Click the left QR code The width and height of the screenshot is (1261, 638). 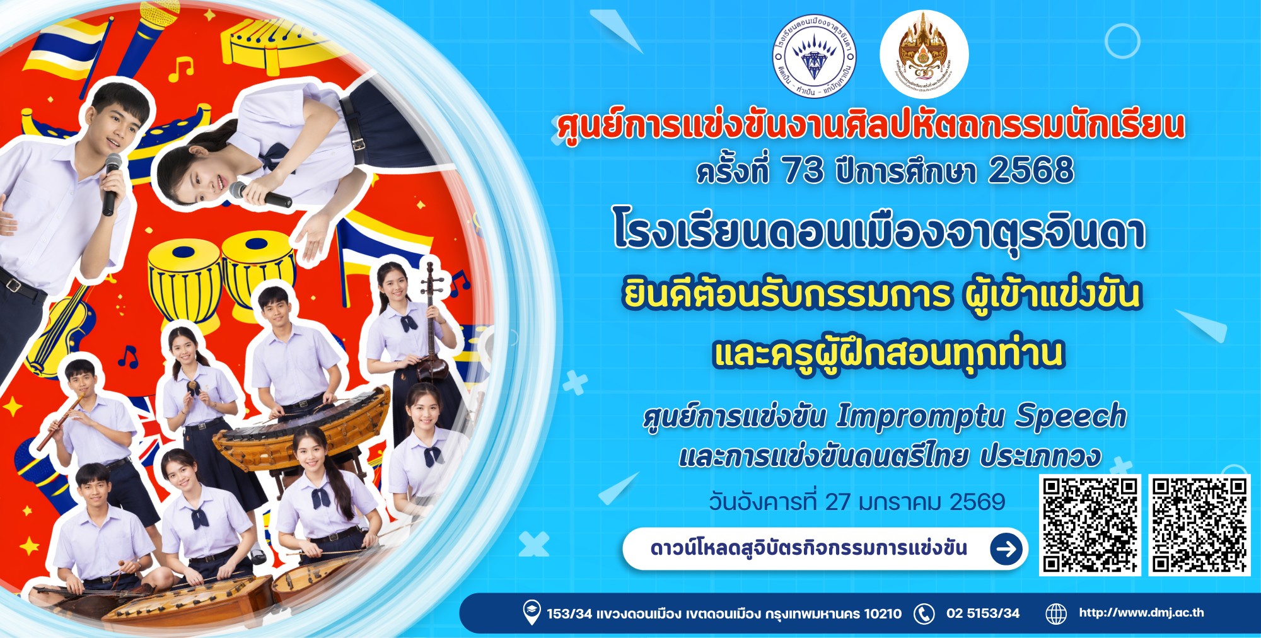1090,525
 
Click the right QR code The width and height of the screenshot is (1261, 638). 1199,525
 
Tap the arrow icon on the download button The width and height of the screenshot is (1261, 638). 1006,548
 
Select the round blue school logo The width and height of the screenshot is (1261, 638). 814,57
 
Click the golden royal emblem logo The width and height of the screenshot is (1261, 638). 924,54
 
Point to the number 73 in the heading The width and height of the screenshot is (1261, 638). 803,170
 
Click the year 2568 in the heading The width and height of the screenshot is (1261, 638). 1031,170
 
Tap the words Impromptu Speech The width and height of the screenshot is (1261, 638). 981,417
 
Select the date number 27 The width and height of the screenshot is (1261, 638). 838,502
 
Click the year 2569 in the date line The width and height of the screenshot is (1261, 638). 977,502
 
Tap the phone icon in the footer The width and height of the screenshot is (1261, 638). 924,613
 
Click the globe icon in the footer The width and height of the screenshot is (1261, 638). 1056,613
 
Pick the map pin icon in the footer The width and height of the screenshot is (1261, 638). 532,612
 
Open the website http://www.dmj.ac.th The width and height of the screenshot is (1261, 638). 1141,613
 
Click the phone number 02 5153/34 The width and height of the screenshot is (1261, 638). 982,613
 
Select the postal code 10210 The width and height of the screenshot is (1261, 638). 882,613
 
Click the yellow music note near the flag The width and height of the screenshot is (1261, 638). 182,68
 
